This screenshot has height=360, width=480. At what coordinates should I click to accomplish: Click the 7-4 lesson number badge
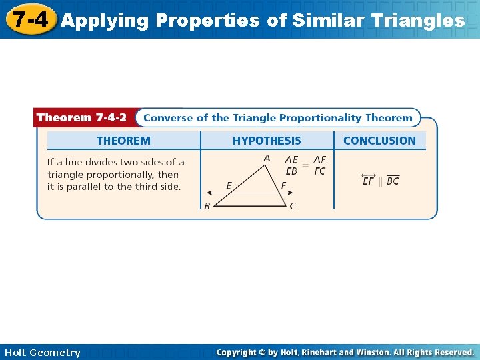[29, 19]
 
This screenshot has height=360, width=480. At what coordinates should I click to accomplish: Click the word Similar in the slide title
[325, 21]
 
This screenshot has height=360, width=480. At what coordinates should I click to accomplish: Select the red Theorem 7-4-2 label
[81, 117]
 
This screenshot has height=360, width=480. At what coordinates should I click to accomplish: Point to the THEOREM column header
[123, 141]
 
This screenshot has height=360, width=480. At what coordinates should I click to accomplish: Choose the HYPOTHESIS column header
[267, 141]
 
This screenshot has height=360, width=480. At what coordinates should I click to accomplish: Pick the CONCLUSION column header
[379, 141]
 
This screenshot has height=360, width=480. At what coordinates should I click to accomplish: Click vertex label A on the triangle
[267, 159]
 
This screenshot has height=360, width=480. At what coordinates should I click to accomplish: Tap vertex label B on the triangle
[207, 206]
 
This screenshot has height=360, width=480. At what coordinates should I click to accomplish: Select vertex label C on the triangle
[293, 206]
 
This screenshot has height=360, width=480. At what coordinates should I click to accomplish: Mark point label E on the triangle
[229, 185]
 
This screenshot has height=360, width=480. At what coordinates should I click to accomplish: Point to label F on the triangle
[283, 185]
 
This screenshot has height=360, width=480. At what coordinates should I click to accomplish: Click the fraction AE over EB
[291, 165]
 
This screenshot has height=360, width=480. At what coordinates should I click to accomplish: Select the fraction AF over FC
[319, 165]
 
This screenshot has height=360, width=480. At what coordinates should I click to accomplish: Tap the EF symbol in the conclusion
[368, 180]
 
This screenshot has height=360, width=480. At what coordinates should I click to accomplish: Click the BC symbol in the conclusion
[393, 180]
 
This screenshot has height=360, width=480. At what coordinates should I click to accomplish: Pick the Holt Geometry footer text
[42, 353]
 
